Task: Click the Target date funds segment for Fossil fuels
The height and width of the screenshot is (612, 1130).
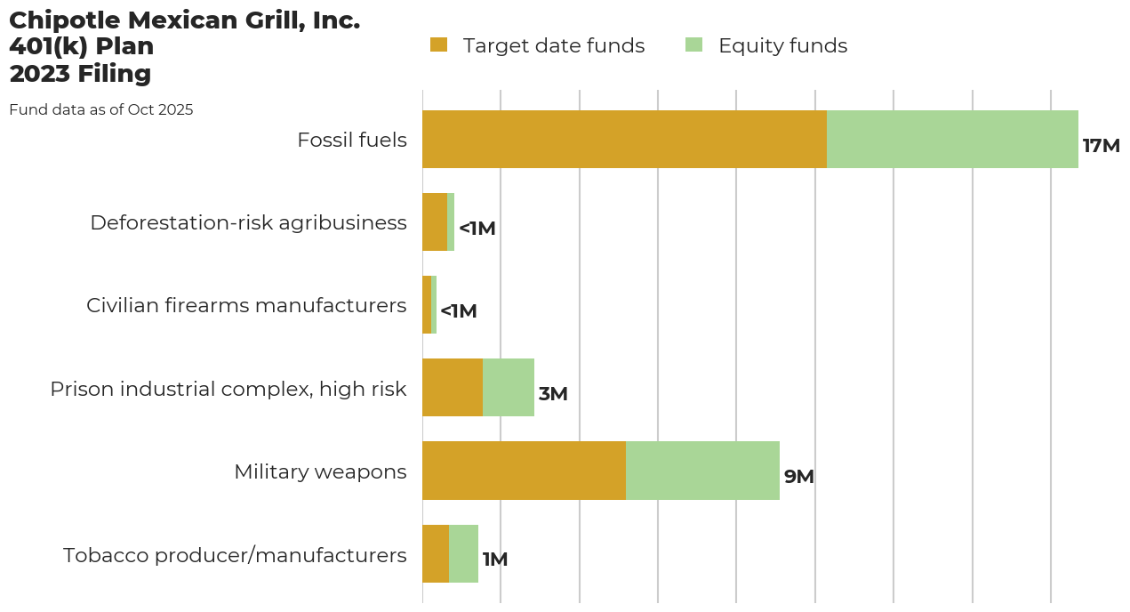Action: (x=624, y=140)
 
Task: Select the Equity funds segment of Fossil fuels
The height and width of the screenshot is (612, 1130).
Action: (x=952, y=140)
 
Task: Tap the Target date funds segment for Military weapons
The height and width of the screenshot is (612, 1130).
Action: (x=524, y=471)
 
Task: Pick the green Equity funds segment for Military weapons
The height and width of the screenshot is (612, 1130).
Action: (x=702, y=471)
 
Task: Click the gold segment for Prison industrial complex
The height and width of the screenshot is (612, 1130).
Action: (x=453, y=388)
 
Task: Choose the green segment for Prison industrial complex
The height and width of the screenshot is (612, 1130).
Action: (x=509, y=388)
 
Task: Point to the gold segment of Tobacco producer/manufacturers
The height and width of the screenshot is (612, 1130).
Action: (x=436, y=553)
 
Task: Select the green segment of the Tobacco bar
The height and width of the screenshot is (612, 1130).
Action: (x=463, y=553)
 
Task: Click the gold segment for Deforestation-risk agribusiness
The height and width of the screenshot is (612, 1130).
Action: (x=435, y=222)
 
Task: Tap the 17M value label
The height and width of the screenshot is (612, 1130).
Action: (x=1101, y=146)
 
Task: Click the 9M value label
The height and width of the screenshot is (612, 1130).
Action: (x=798, y=477)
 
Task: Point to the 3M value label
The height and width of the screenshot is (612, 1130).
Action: (x=553, y=394)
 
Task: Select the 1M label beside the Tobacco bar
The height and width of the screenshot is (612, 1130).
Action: (x=495, y=560)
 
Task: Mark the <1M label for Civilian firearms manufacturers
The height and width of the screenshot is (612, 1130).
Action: (x=459, y=311)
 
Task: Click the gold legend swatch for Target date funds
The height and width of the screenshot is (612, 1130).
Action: (x=438, y=44)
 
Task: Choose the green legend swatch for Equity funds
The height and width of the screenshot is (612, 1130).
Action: (x=694, y=44)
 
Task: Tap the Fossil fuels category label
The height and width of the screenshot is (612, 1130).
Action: (x=352, y=140)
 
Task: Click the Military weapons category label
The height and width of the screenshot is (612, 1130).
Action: (x=320, y=471)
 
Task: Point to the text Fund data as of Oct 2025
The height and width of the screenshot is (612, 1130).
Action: (x=101, y=110)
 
